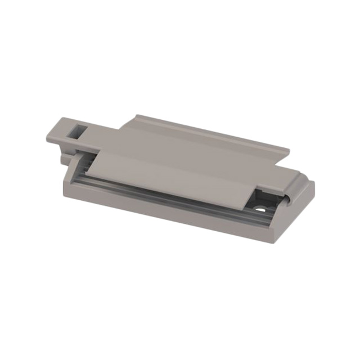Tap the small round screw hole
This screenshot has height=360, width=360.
coord(262,207)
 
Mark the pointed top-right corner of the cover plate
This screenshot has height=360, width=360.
coord(289,150)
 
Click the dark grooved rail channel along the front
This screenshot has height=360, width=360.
coord(169,192)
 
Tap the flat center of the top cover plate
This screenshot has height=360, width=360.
coord(191,157)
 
